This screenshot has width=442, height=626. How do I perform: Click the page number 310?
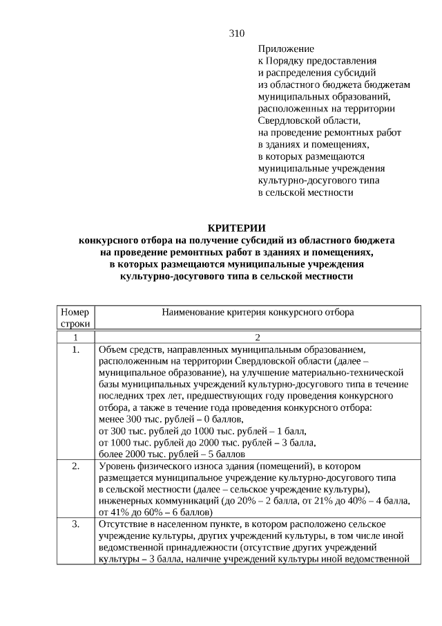(236, 33)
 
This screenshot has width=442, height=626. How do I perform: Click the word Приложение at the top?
(286, 49)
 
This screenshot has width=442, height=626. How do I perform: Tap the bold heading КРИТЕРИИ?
(236, 228)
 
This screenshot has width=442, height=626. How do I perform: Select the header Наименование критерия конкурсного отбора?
(258, 312)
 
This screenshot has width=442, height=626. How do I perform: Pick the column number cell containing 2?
(258, 337)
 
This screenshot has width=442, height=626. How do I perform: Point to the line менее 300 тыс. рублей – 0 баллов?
(171, 419)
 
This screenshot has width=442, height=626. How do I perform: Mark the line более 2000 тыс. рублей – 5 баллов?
(172, 454)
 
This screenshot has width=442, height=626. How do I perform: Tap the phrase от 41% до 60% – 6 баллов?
(155, 513)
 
